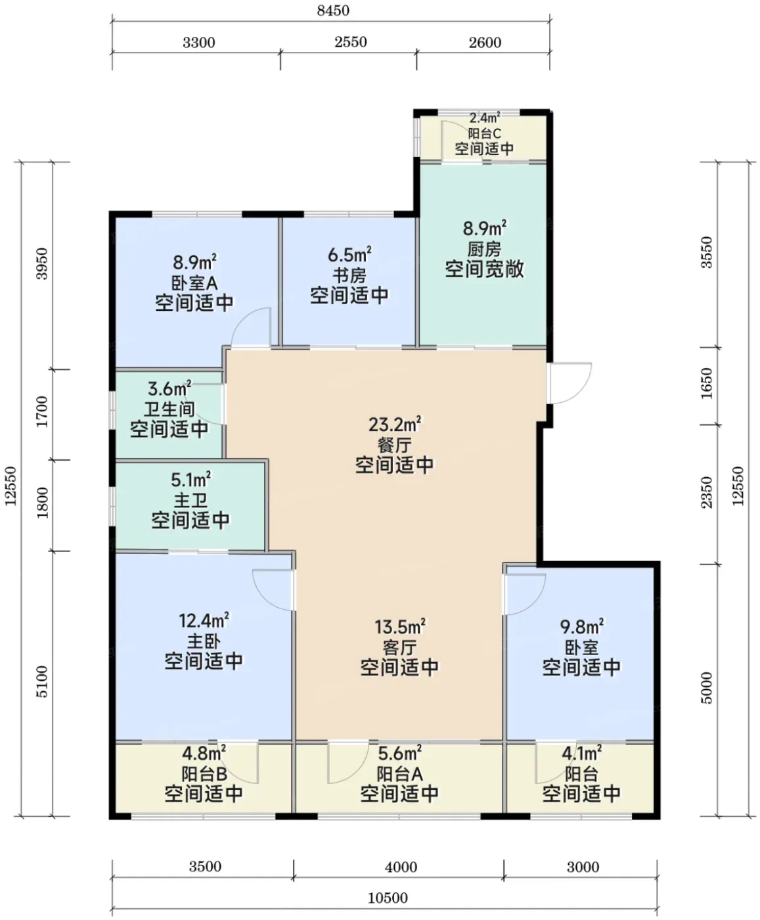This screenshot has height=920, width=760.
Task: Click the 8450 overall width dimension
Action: [333, 10]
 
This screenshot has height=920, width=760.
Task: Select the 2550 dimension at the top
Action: [351, 42]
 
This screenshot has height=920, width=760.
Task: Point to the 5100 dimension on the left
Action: [42, 681]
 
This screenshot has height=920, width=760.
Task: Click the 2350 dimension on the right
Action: [706, 493]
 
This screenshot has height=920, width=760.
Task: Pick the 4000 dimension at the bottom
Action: [401, 867]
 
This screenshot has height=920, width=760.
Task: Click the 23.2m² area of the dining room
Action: [395, 425]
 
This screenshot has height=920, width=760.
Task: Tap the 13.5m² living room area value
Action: [399, 626]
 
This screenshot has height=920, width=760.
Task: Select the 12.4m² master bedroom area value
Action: [204, 620]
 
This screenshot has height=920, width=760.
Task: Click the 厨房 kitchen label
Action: [484, 250]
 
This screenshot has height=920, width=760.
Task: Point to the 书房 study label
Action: [349, 276]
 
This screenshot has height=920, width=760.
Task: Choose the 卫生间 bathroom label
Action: [169, 409]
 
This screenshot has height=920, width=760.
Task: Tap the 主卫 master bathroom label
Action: [190, 501]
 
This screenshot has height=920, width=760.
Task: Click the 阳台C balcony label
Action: [484, 133]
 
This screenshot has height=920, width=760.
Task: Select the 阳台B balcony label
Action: [204, 774]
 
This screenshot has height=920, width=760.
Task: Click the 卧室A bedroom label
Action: [194, 283]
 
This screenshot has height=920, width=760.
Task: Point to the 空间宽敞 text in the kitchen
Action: [484, 269]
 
